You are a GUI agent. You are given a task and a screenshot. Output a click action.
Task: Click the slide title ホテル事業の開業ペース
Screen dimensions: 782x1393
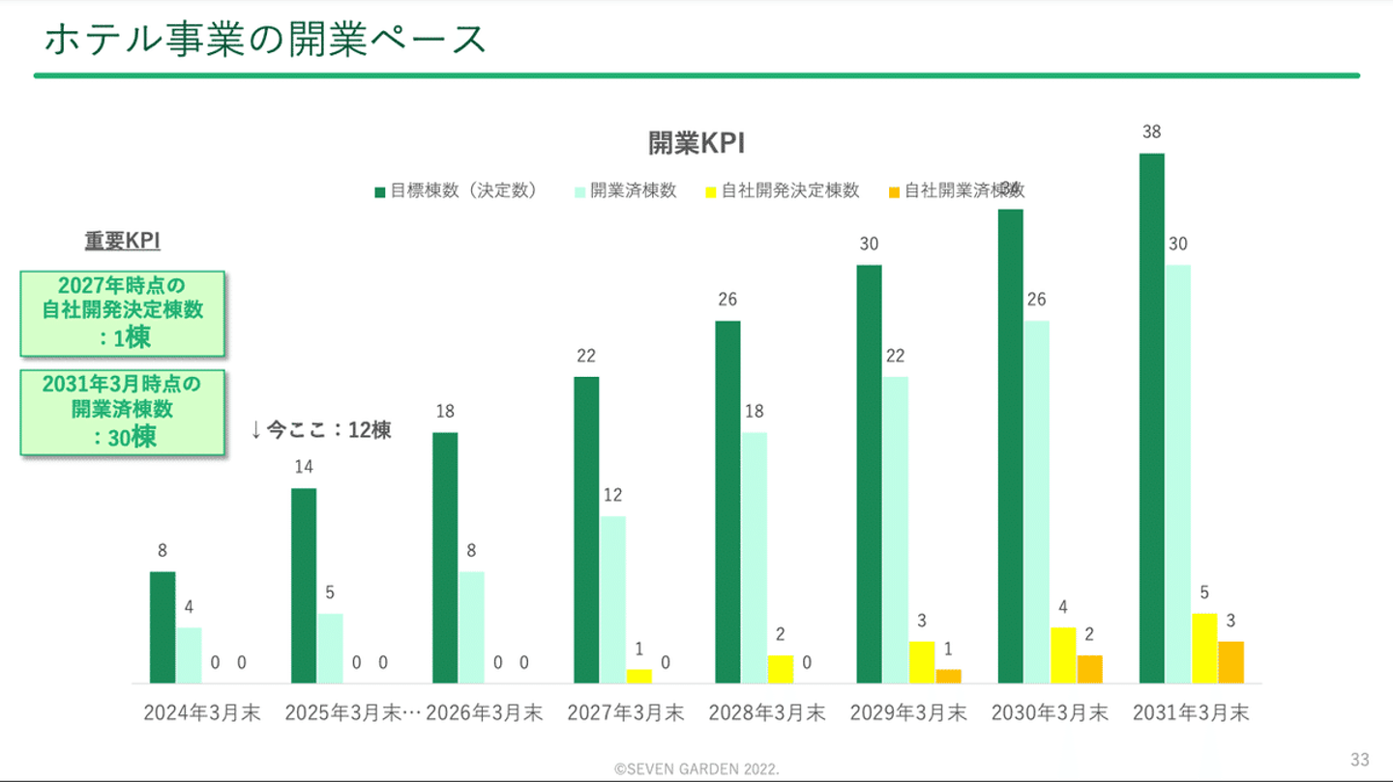[264, 40]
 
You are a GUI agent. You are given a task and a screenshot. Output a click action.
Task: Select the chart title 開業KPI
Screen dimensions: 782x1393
[696, 143]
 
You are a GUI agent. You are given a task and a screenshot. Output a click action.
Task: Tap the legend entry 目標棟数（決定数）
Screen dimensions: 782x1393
[456, 191]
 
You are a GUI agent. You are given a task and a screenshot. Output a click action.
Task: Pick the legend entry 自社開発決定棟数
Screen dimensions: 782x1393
[782, 191]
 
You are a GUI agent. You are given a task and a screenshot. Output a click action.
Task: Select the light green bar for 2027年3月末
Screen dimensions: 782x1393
[612, 599]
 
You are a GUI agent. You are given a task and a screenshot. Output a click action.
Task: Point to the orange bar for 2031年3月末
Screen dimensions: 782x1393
[1230, 662]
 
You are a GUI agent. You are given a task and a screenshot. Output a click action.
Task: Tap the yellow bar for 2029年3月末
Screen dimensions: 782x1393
[921, 662]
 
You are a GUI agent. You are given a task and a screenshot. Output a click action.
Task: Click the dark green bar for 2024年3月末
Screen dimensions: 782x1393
[163, 627]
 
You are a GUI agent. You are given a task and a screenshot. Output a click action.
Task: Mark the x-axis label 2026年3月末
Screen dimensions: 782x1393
[485, 713]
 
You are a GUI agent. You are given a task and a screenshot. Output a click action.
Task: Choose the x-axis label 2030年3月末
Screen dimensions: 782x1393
[1050, 713]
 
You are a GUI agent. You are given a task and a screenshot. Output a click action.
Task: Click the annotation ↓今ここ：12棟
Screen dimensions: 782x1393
[321, 430]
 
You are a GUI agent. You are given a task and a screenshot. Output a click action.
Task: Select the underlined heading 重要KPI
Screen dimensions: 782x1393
[122, 242]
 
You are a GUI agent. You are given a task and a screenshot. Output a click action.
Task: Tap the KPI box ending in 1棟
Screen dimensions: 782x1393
[123, 312]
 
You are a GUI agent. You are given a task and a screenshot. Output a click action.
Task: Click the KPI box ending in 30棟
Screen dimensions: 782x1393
[123, 411]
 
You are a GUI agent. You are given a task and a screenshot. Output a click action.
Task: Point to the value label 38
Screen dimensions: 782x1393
[1151, 133]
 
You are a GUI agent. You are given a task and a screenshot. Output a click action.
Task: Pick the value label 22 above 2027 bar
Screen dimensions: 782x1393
[586, 357]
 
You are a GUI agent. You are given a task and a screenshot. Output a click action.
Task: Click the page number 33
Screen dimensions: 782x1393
[1360, 758]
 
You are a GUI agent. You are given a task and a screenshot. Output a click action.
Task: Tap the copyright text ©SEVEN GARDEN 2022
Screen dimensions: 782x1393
[696, 769]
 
